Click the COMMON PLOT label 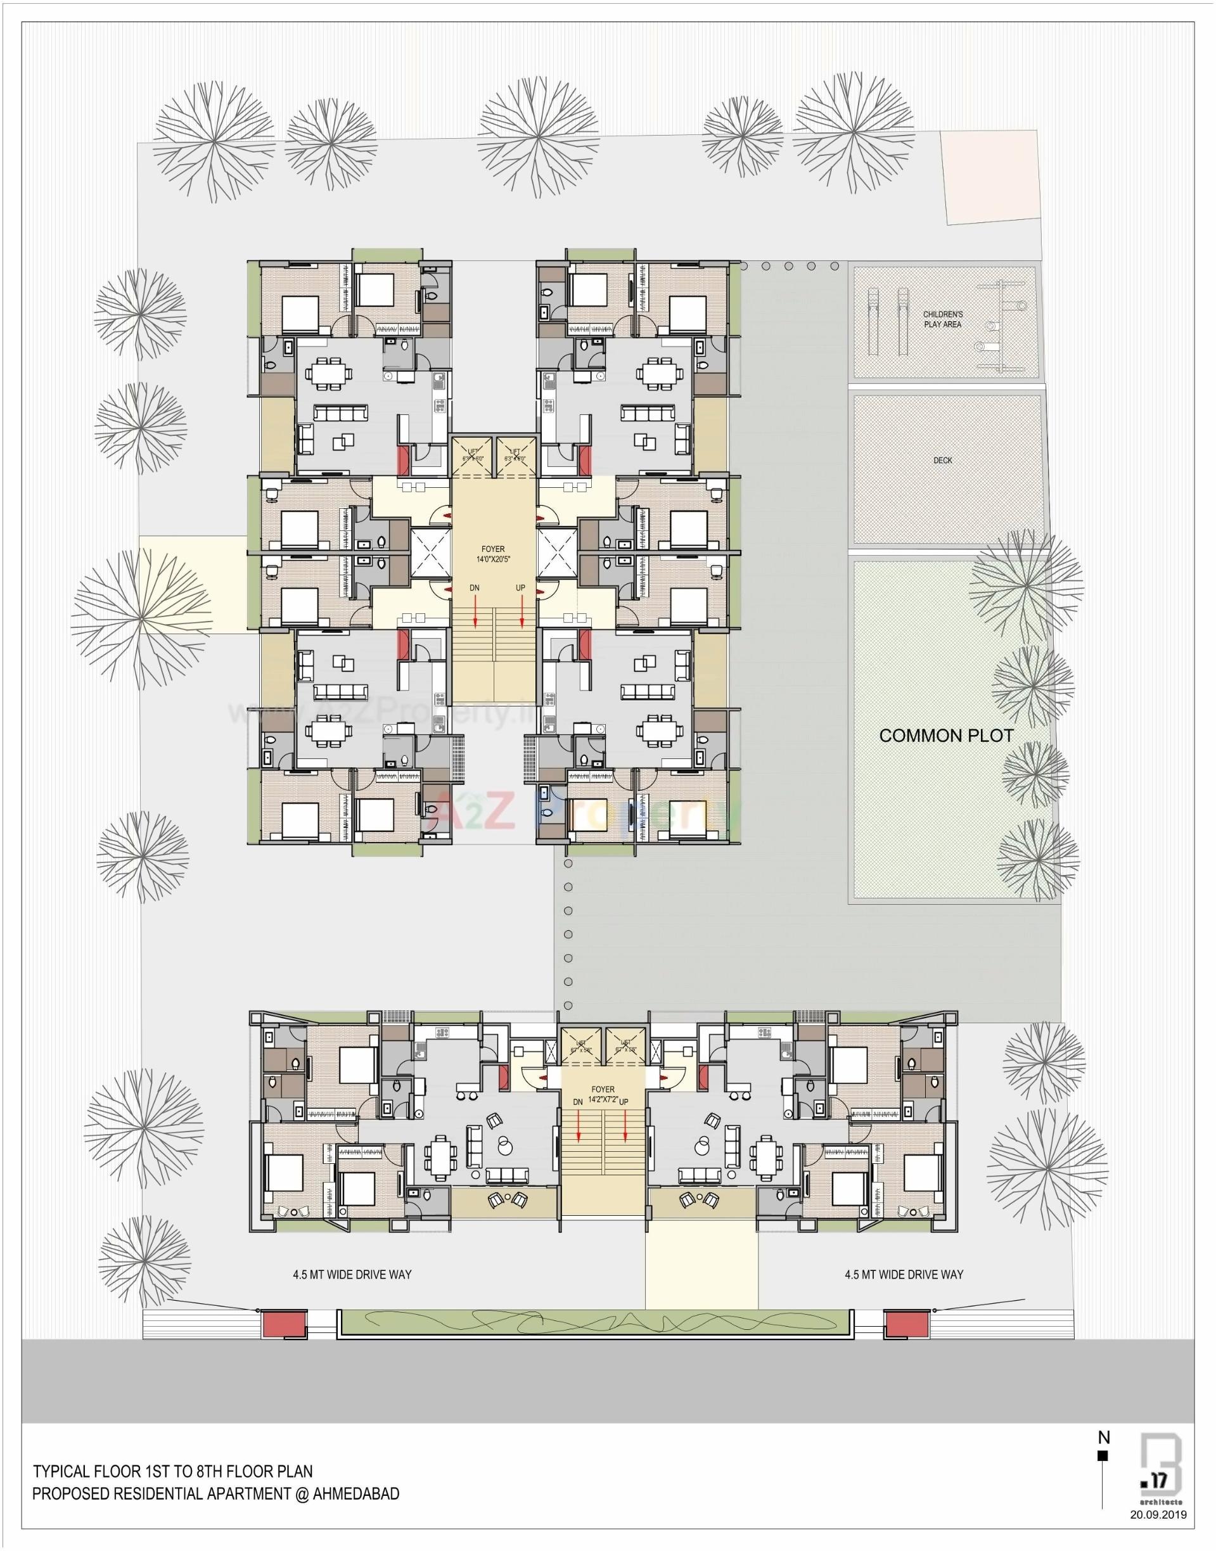click(945, 736)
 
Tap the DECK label click(943, 461)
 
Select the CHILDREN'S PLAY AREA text click(943, 319)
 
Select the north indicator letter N click(1104, 1438)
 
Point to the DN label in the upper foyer click(474, 589)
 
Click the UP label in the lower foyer click(624, 1101)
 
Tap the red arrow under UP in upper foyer click(523, 611)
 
